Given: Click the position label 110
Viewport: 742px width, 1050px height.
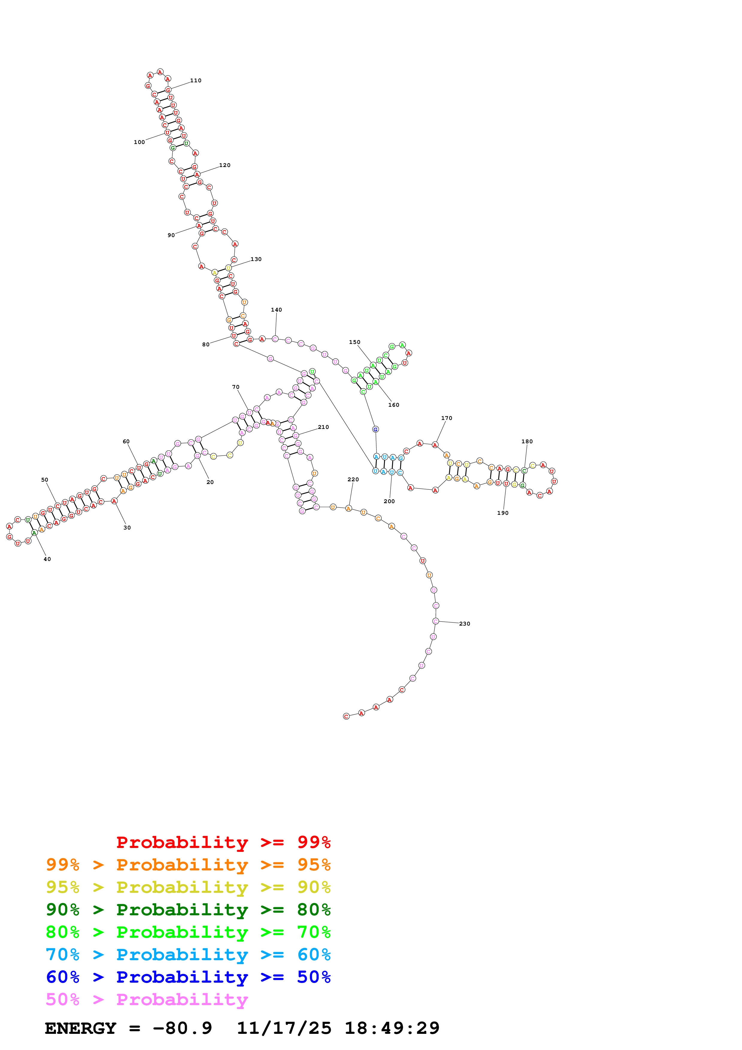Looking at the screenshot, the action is click(196, 81).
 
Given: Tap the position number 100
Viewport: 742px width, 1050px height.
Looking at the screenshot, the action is click(139, 142).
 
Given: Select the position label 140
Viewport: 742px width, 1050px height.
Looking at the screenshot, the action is click(276, 309).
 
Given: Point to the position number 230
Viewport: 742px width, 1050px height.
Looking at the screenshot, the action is click(465, 624).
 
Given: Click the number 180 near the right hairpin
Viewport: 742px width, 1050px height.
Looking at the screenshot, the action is click(527, 441).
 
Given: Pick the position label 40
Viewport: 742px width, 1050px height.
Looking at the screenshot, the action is click(47, 559).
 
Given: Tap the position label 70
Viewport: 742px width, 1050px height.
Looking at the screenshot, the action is click(236, 387).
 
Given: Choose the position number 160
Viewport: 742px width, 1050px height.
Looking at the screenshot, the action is click(393, 405).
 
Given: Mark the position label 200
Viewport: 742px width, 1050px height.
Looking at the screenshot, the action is click(389, 501).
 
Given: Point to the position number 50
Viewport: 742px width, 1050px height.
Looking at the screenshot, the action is click(44, 480).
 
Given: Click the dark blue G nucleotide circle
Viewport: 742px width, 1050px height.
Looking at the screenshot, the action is click(375, 430).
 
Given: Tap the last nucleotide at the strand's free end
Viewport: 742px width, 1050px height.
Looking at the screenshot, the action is click(346, 716).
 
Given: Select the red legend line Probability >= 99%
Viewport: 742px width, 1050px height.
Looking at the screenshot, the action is click(223, 842).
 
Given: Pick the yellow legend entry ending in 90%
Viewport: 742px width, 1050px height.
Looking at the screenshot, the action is click(188, 887).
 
